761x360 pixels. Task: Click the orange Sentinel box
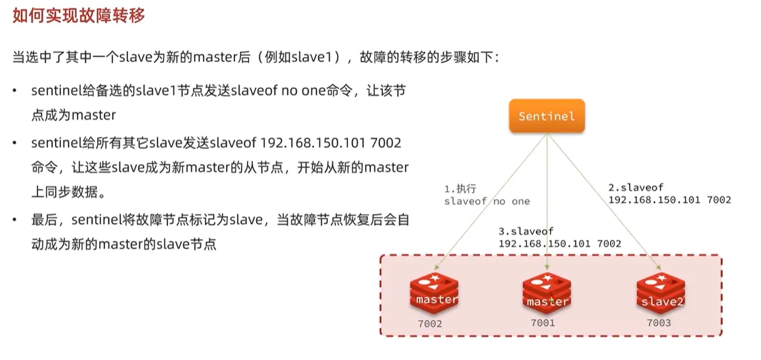(x=546, y=116)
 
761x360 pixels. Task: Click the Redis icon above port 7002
(x=433, y=293)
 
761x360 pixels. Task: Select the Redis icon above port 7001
(x=546, y=294)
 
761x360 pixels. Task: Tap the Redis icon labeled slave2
(x=660, y=294)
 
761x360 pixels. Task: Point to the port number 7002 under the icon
(x=430, y=324)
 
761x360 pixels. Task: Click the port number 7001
(x=543, y=323)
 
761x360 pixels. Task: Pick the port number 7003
(x=658, y=323)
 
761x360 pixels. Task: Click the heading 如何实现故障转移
(x=78, y=16)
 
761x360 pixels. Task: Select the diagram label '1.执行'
(x=460, y=189)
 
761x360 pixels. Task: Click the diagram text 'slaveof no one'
(x=487, y=201)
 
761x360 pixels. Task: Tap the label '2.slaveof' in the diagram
(x=636, y=187)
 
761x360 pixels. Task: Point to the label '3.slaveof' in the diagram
(x=526, y=231)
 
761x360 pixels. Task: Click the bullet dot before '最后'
(x=15, y=219)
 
